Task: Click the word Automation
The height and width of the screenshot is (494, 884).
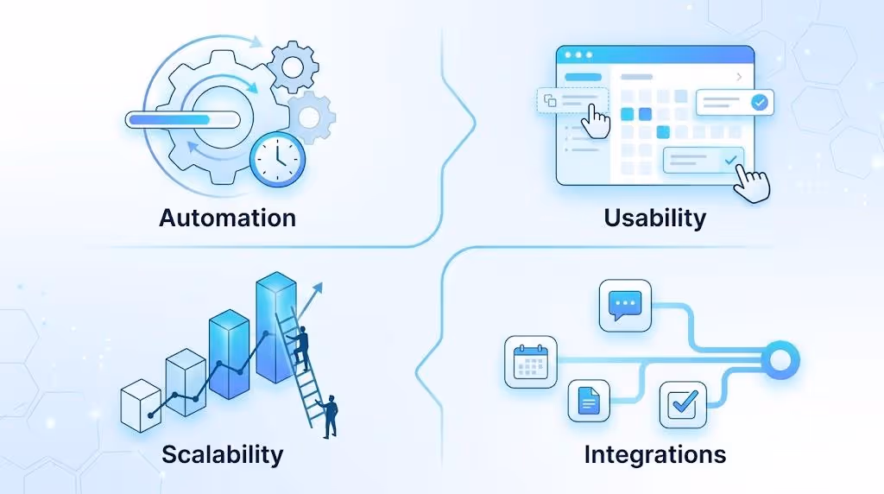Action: pyautogui.click(x=227, y=218)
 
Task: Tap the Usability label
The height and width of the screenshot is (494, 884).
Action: pyautogui.click(x=654, y=218)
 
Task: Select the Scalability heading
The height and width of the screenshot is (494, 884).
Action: pyautogui.click(x=222, y=454)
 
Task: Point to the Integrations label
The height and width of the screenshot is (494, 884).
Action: pyautogui.click(x=654, y=454)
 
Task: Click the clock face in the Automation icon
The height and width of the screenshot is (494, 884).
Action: pyautogui.click(x=277, y=159)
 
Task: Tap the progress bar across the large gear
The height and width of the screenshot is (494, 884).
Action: pyautogui.click(x=183, y=119)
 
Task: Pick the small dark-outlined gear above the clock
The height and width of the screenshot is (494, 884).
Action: pyautogui.click(x=293, y=66)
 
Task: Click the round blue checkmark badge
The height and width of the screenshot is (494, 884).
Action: pyautogui.click(x=760, y=102)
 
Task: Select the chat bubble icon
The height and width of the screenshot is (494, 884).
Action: pyautogui.click(x=625, y=306)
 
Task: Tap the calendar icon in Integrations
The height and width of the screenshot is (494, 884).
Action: pyautogui.click(x=531, y=362)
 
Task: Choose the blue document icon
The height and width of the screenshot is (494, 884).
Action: pyautogui.click(x=589, y=401)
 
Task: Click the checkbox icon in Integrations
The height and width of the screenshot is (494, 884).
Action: pyautogui.click(x=683, y=404)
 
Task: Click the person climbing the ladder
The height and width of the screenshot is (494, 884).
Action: pyautogui.click(x=299, y=349)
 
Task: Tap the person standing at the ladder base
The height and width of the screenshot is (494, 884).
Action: pyautogui.click(x=328, y=416)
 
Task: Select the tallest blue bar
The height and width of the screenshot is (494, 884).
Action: pyautogui.click(x=275, y=327)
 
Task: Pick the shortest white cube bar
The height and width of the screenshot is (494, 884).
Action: pyautogui.click(x=141, y=405)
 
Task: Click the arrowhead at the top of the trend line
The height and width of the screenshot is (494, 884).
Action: pyautogui.click(x=318, y=288)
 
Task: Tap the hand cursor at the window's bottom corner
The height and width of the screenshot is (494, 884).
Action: pyautogui.click(x=752, y=183)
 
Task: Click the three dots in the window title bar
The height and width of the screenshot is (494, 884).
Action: pyautogui.click(x=578, y=54)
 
